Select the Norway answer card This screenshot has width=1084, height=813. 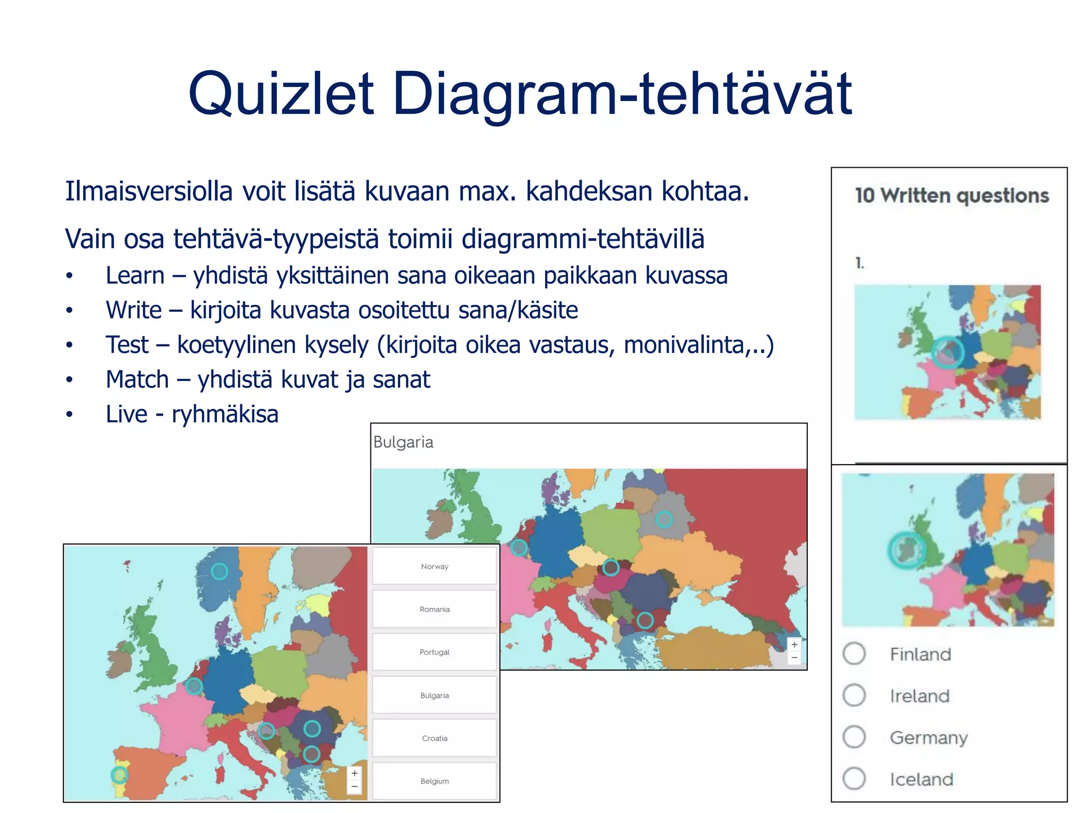[x=435, y=566]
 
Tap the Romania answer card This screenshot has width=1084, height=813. [x=435, y=609]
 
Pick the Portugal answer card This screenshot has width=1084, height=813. [x=435, y=652]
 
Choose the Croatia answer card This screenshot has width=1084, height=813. [x=435, y=738]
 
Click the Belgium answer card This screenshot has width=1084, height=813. [x=435, y=781]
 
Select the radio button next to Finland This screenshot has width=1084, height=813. [x=854, y=654]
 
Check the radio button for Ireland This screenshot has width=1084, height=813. [x=854, y=695]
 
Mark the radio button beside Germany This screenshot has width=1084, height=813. [x=854, y=737]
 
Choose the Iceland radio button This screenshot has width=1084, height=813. [x=854, y=779]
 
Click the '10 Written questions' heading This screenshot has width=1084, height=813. [x=952, y=195]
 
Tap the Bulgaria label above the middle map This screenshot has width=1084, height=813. [x=403, y=442]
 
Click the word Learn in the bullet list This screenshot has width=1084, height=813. [x=135, y=276]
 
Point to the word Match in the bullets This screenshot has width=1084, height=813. [x=137, y=380]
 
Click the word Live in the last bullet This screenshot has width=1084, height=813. [x=126, y=414]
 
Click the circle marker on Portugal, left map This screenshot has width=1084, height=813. [x=120, y=775]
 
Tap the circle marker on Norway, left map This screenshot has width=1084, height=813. [x=219, y=571]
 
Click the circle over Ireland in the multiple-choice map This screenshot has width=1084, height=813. [x=906, y=550]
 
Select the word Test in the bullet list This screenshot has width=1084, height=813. [x=127, y=345]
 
